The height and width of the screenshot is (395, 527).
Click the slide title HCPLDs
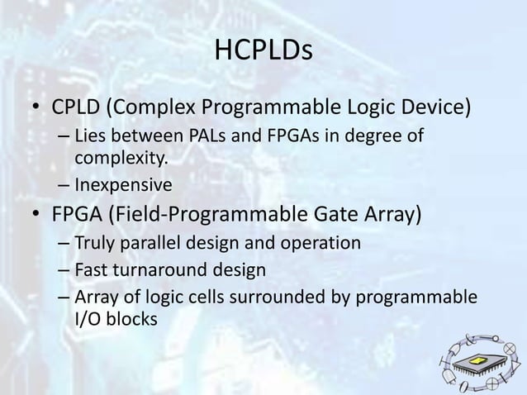coord(263,53)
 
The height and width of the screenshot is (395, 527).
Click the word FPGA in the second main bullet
coord(79,216)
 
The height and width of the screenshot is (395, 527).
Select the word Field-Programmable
coord(201,216)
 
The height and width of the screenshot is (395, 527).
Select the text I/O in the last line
coord(89,317)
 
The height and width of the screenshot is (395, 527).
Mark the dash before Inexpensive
coord(64,184)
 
